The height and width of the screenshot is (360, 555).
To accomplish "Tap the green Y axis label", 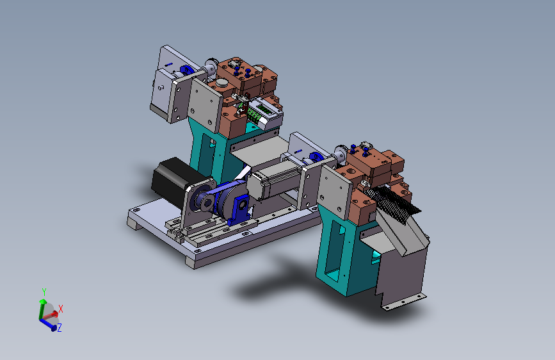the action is point(44,292).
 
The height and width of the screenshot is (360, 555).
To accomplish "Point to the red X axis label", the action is point(61,309).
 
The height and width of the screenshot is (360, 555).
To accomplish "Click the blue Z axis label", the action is point(59,328).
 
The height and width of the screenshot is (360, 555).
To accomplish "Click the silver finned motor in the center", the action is point(275,181).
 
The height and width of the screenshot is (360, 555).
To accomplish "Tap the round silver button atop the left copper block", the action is point(223,83).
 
